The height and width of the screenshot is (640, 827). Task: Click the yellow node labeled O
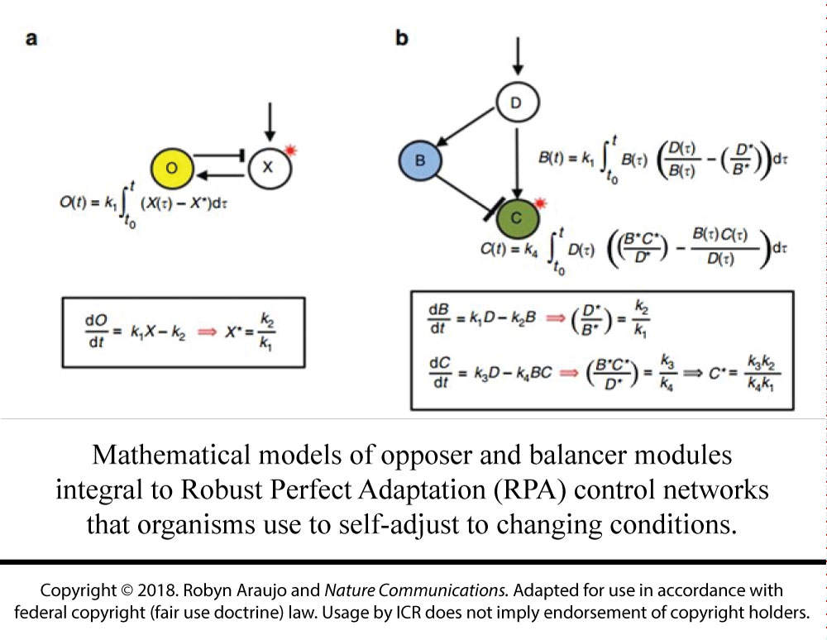click(x=171, y=168)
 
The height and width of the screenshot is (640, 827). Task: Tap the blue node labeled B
click(x=419, y=160)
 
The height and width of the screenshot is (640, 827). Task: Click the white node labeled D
click(x=517, y=103)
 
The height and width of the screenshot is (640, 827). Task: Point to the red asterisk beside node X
click(x=293, y=150)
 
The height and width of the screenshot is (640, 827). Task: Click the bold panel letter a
click(x=31, y=38)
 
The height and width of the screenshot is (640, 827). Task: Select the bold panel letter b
click(x=402, y=38)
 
